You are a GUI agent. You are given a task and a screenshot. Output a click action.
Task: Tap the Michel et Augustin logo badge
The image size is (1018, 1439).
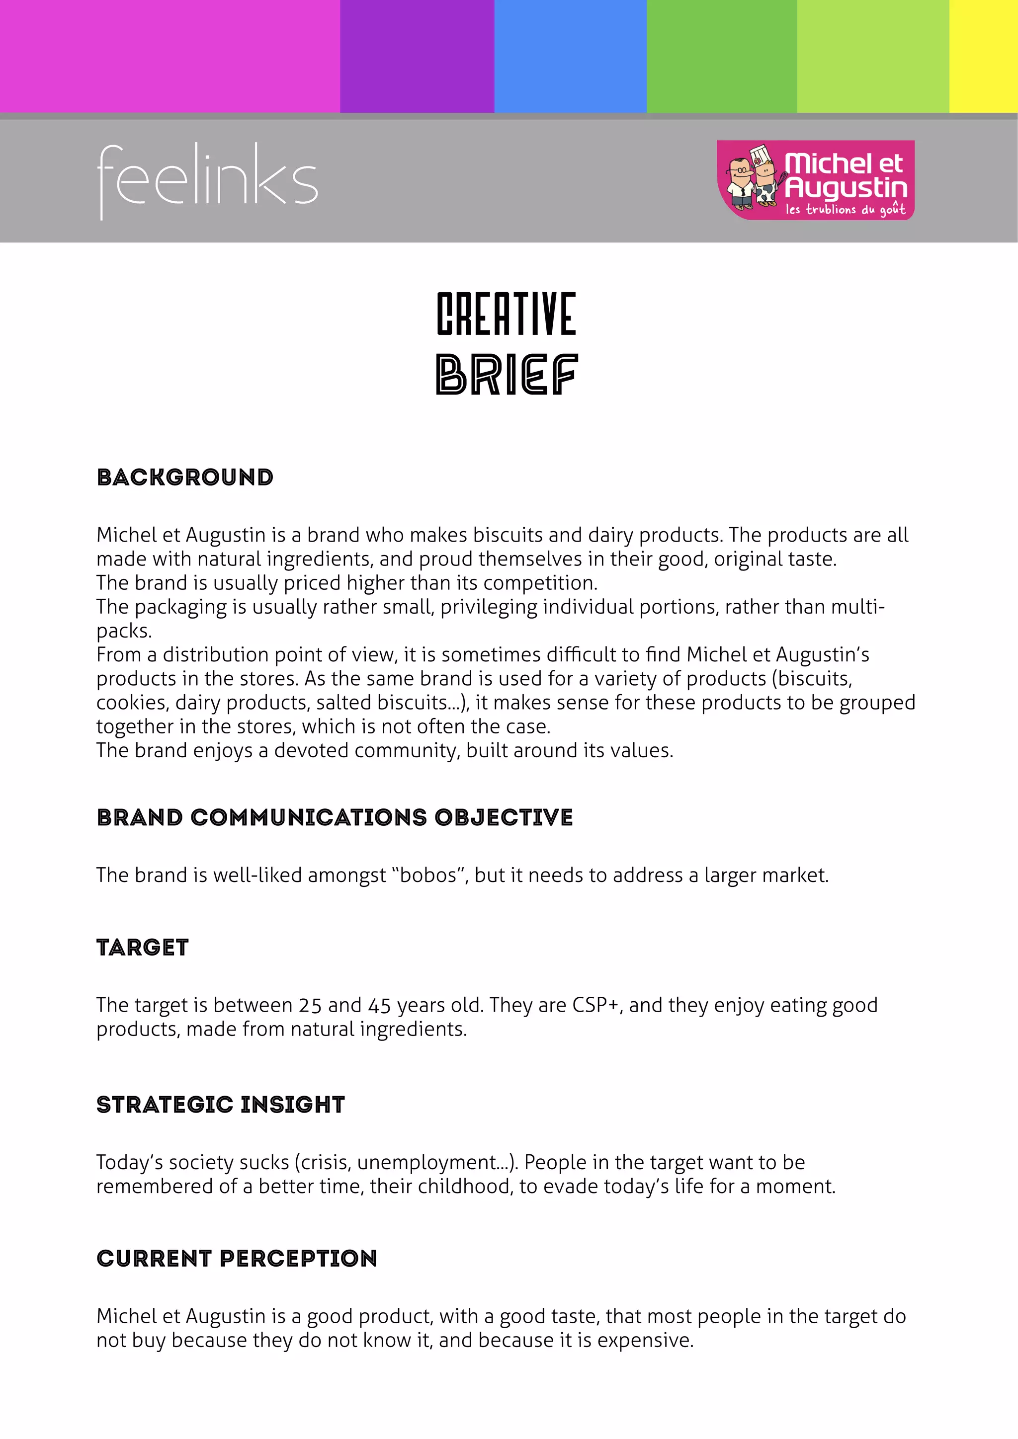point(816,180)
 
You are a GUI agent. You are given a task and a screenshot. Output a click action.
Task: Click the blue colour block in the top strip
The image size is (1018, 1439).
point(571,57)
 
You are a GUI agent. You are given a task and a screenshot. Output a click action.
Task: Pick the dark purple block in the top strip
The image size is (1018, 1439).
point(417,57)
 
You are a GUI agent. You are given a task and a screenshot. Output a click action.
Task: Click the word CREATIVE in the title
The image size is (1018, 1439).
point(507,314)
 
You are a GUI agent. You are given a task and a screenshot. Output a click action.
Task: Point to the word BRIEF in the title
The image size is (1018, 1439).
point(507,374)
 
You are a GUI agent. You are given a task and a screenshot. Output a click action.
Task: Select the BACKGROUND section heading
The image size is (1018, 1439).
point(185,478)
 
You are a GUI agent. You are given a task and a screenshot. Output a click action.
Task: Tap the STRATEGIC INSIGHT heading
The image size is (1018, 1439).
point(221,1105)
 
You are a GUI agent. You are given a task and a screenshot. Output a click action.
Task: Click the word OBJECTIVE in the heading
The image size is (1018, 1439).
point(504,817)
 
